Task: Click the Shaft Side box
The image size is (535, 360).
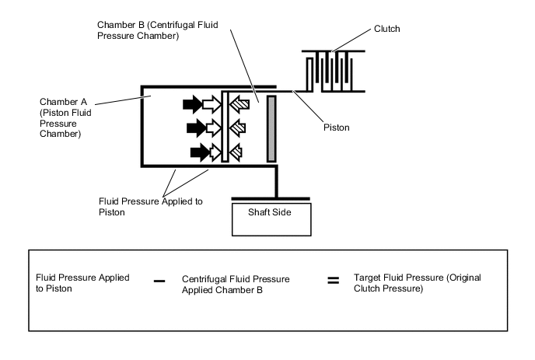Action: pos(271,219)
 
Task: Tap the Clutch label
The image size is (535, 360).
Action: pos(387,29)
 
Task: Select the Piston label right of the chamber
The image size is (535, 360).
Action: pos(337,128)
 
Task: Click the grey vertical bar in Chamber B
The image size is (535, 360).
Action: pos(271,128)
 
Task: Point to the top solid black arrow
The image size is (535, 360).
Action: pos(192,104)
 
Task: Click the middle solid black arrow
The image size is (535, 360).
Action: pos(196,128)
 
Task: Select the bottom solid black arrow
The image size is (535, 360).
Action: pos(200,152)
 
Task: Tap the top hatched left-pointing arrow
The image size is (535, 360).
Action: pos(240,104)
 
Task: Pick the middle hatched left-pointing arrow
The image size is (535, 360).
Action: pos(237,128)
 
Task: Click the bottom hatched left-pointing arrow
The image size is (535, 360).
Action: pos(236,152)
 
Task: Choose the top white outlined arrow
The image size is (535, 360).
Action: pos(212,104)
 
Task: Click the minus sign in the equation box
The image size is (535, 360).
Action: pos(159,281)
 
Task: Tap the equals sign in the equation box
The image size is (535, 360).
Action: pos(334,281)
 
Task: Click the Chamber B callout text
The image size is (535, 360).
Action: pos(158,30)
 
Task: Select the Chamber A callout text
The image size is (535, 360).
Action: pos(65,117)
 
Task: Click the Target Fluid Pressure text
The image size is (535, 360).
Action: pos(418,283)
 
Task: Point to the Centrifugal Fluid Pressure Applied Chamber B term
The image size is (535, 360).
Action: pos(236,285)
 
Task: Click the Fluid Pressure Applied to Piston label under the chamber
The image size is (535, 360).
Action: pos(151,207)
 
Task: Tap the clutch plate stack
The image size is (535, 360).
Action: pos(334,72)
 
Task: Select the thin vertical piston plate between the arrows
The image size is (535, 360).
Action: pos(225,127)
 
